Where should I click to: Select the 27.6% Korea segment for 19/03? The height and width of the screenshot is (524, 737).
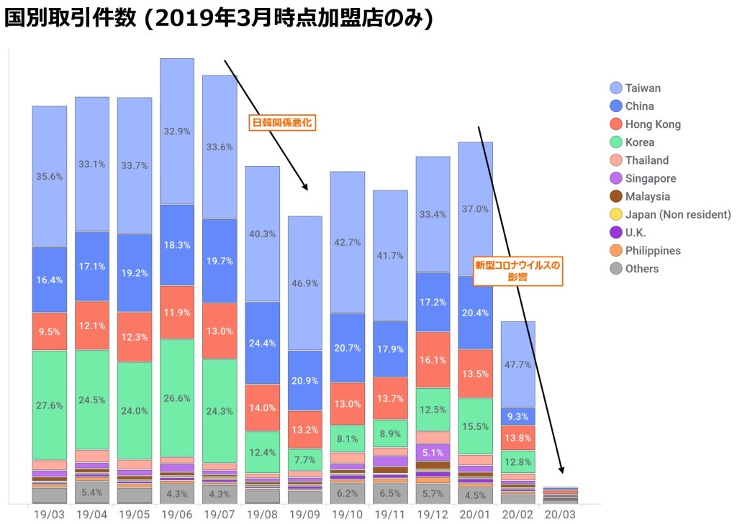pos(49,405)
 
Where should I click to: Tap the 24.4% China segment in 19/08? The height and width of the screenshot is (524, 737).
pos(262,343)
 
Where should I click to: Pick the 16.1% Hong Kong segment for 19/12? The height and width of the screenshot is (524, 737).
pos(433,360)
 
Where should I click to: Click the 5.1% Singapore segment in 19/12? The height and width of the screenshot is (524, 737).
pos(433,452)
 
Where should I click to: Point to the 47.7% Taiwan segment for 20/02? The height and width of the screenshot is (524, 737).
pos(518,364)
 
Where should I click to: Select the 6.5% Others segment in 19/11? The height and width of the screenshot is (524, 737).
pos(390,493)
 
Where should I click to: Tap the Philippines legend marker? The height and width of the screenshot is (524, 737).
pos(616,251)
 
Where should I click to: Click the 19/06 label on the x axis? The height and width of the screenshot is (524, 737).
pos(176,515)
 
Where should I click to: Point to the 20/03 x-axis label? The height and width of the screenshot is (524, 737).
pos(560,515)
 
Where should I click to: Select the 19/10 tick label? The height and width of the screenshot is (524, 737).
pos(347,515)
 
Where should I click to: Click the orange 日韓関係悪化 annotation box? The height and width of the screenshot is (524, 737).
pos(283,122)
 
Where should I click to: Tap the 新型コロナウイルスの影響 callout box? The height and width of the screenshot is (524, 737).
pos(517,270)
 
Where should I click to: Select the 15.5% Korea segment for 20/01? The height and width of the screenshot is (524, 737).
pos(475,426)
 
